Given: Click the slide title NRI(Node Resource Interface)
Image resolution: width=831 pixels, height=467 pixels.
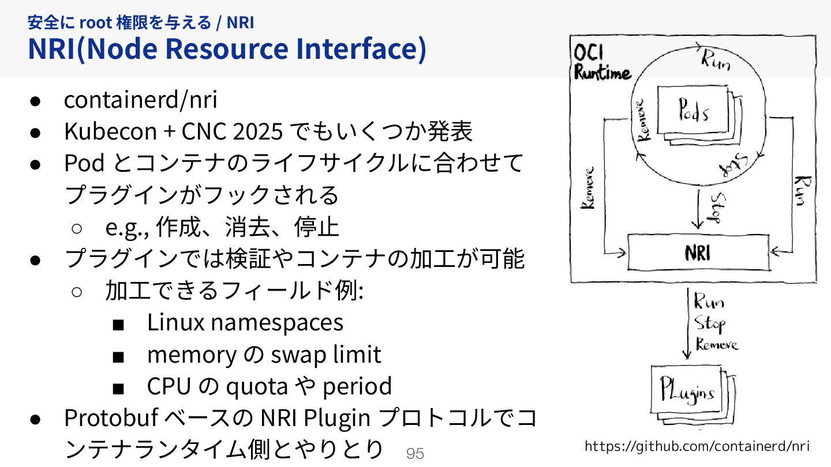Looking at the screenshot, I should [x=227, y=49].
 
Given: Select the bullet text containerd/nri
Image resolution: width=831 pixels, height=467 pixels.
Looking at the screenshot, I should [x=140, y=100].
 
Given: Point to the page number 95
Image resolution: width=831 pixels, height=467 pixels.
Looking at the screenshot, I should [x=415, y=454].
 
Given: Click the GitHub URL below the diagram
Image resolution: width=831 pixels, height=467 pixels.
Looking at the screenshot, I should [x=697, y=446].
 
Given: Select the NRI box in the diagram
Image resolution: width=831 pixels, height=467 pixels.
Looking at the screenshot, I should [x=698, y=253].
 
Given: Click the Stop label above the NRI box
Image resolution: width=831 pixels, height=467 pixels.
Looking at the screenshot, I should [x=713, y=207].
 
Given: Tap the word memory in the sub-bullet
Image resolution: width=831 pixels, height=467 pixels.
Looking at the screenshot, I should [x=191, y=354].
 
